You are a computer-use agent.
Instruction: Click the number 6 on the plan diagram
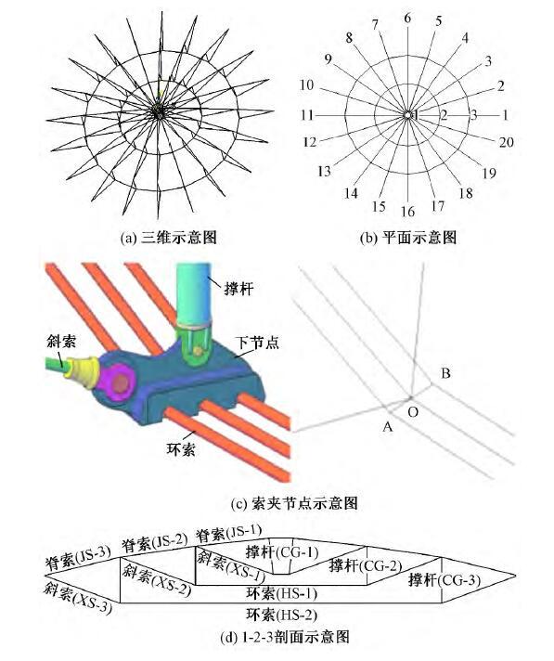pyautogui.click(x=406, y=18)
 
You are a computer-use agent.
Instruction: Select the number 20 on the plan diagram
pyautogui.click(x=506, y=142)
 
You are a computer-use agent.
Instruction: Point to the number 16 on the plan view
pyautogui.click(x=406, y=212)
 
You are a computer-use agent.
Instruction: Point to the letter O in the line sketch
pyautogui.click(x=415, y=409)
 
